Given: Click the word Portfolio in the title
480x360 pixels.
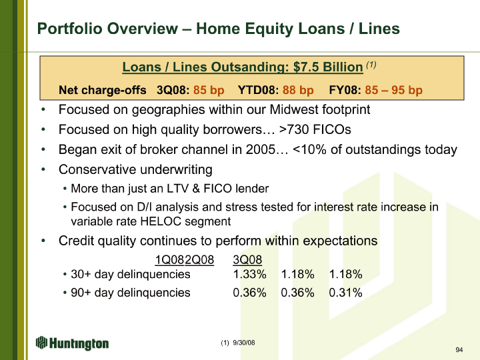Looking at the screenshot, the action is pos(70,29).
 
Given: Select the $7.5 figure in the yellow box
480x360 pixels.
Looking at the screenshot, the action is pos(307,67).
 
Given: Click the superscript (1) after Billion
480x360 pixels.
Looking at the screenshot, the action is pos(371,65).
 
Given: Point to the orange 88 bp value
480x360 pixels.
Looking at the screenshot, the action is pos(298,90).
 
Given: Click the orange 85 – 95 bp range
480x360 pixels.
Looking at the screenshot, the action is pos(393,90).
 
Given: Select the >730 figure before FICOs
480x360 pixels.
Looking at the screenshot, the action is pos(294,129).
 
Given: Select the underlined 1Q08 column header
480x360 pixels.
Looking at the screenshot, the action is pos(169,260).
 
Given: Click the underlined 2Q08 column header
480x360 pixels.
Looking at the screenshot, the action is pos(199,260).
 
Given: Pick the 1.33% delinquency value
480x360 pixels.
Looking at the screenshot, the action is pos(249,274).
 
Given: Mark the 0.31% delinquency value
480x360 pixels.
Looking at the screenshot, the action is pos(345,293).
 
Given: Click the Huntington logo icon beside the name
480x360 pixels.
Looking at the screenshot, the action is pos(41,343).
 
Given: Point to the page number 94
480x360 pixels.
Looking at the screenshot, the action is pos(459,349).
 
